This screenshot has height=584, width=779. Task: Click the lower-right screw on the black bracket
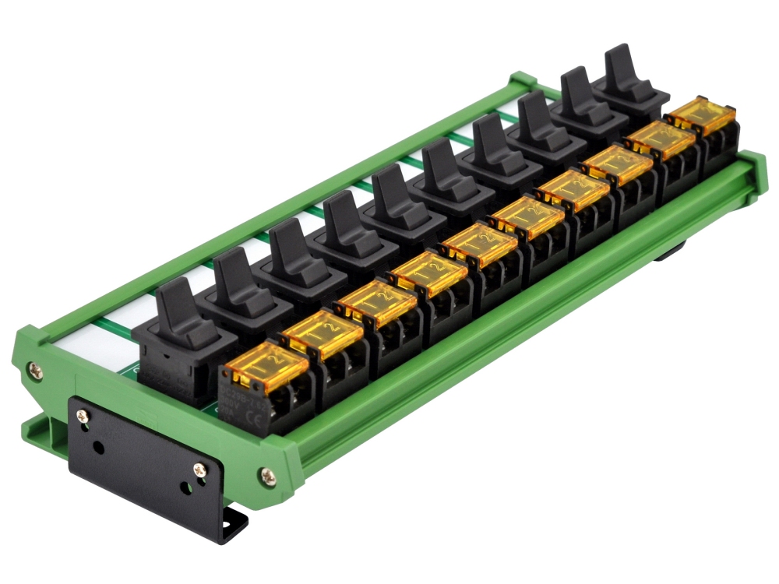point(199,470)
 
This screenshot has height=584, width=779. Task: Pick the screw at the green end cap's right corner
point(266,473)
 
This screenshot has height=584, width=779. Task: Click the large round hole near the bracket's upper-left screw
point(100,449)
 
